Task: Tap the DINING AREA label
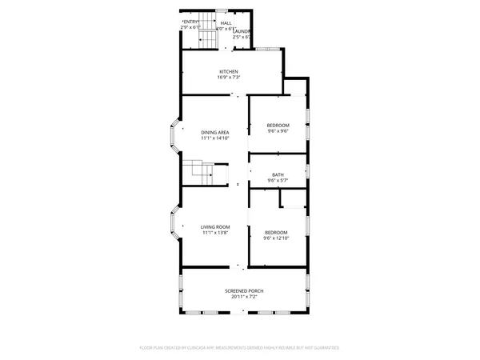(214, 132)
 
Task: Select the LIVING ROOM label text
(214, 227)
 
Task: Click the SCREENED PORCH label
(243, 290)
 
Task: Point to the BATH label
(278, 174)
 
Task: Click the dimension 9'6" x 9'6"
(278, 132)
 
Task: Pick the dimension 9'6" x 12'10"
(278, 238)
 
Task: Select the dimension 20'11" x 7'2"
(243, 297)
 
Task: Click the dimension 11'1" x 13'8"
(214, 234)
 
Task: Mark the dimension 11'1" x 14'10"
(214, 138)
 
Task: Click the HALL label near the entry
(226, 24)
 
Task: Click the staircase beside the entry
(207, 33)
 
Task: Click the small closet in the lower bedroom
(294, 198)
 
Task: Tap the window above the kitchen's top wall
(267, 50)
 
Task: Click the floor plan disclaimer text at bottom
(240, 348)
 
